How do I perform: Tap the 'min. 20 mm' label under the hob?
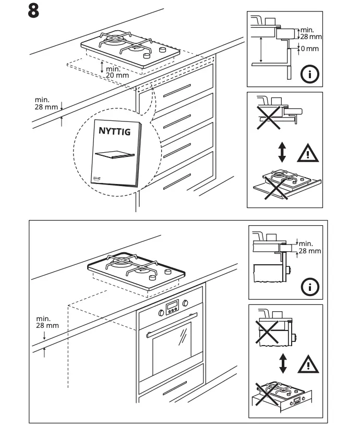(117, 72)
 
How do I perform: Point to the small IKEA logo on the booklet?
(97, 177)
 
